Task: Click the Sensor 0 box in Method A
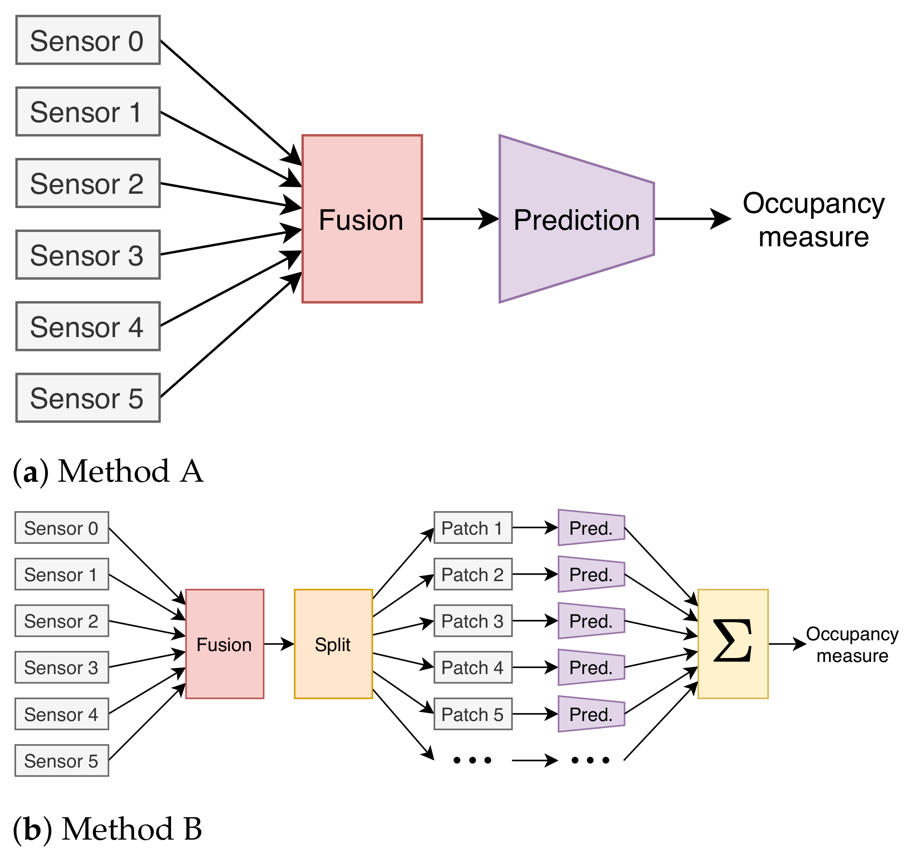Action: pyautogui.click(x=88, y=40)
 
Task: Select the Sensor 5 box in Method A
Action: pyautogui.click(x=88, y=398)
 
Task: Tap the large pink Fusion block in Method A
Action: pyautogui.click(x=362, y=219)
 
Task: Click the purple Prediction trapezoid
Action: pyautogui.click(x=576, y=219)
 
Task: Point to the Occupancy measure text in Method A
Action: pyautogui.click(x=813, y=220)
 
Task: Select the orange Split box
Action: pyautogui.click(x=333, y=645)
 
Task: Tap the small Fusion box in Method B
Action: pyautogui.click(x=224, y=645)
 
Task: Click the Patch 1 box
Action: pyautogui.click(x=473, y=528)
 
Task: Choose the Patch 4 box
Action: pyautogui.click(x=473, y=668)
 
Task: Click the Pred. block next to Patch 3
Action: pyautogui.click(x=591, y=621)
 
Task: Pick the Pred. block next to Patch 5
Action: pyautogui.click(x=591, y=714)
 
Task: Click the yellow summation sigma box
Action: pyautogui.click(x=733, y=645)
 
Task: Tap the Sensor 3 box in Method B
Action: pyautogui.click(x=61, y=668)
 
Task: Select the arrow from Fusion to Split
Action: pyautogui.click(x=279, y=644)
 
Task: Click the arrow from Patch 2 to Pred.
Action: pyautogui.click(x=535, y=574)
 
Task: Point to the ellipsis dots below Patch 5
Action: pyautogui.click(x=472, y=761)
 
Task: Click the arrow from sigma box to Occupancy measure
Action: pyautogui.click(x=786, y=644)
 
